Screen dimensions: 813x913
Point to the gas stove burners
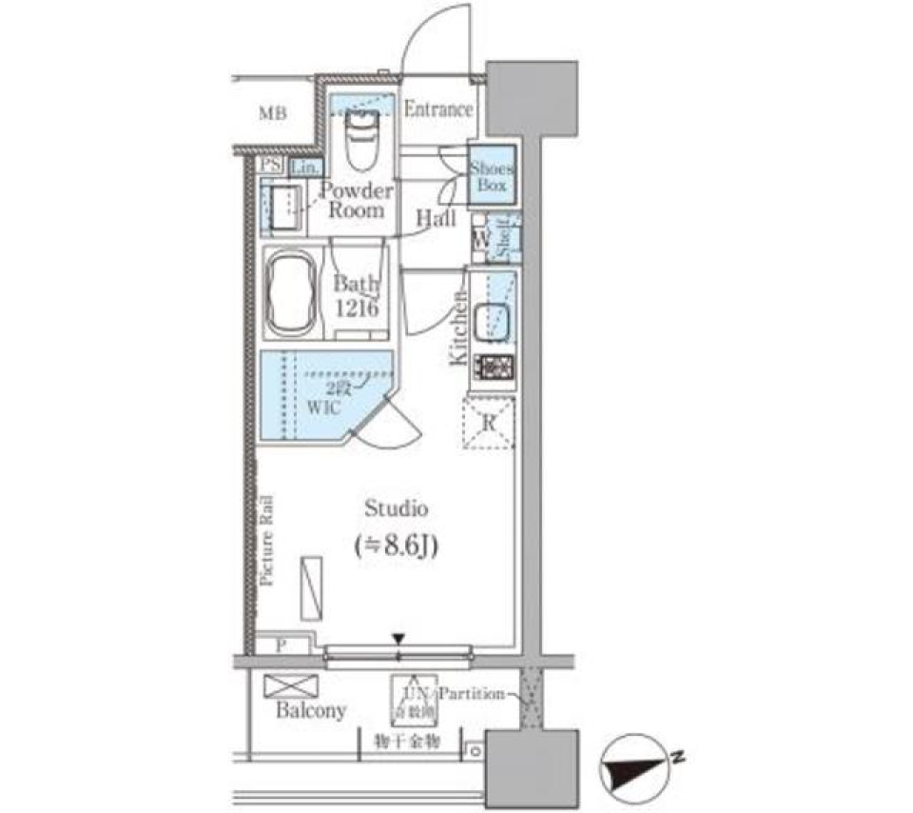click(494, 366)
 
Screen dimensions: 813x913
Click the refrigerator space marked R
click(488, 424)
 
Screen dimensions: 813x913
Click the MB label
click(272, 114)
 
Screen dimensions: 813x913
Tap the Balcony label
click(311, 711)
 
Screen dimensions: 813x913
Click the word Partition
click(473, 694)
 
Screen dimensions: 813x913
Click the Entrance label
click(438, 109)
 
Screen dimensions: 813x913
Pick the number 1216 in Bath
click(357, 308)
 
